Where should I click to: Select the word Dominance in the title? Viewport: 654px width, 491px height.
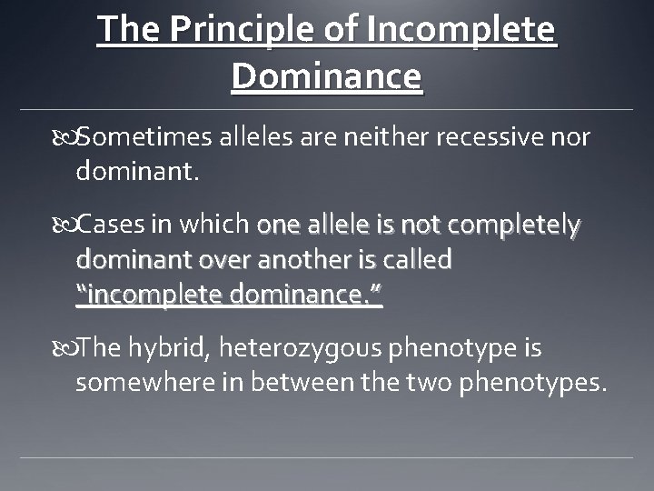327,75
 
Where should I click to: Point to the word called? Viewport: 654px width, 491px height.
419,260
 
